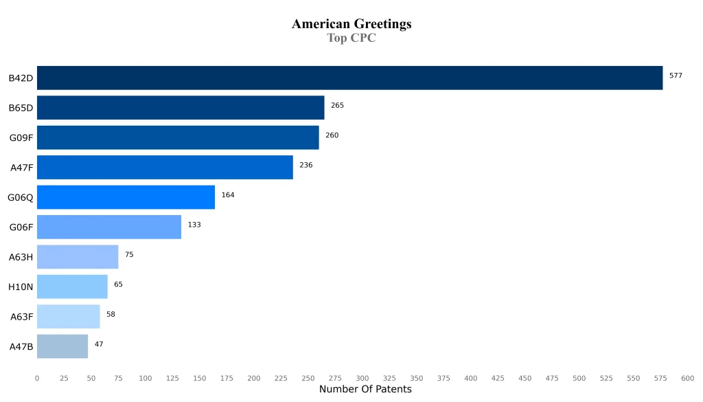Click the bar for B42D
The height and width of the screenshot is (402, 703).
point(349,78)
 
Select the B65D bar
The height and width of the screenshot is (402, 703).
point(181,107)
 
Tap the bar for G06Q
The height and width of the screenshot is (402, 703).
point(126,197)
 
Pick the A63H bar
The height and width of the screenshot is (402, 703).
point(78,256)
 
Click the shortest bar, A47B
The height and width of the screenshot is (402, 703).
point(62,346)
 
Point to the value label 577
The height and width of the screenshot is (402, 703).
point(676,76)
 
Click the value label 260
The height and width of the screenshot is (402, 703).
point(332,135)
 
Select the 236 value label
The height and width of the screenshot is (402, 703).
point(306,165)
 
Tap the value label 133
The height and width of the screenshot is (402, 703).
point(194,225)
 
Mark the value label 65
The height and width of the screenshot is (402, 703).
point(118,284)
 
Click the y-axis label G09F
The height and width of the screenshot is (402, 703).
point(21,137)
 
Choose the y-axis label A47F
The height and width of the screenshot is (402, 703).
point(21,168)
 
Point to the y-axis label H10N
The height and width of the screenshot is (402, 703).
point(21,287)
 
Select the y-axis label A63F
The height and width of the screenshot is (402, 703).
point(21,317)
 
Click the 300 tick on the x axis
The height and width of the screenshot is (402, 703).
point(362,378)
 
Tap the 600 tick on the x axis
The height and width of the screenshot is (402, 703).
point(687,378)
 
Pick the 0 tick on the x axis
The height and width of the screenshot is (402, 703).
point(37,378)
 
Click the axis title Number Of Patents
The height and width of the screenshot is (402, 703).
point(365,390)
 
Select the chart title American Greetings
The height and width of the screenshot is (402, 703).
point(351,24)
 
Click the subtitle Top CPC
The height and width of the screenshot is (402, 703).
point(351,38)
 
